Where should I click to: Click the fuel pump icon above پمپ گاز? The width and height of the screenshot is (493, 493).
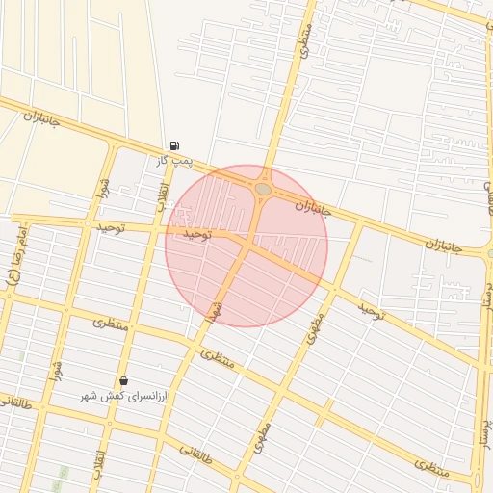tap(173, 145)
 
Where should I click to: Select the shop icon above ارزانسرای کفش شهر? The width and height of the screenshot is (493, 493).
tap(123, 381)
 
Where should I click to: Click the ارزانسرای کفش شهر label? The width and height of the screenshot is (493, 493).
tap(122, 396)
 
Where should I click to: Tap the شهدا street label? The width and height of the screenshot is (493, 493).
tap(214, 311)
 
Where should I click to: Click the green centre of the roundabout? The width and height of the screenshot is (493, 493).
tap(263, 190)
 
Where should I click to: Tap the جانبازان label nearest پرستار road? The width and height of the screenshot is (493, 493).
tap(443, 246)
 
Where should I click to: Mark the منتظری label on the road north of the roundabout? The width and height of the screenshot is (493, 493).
tap(304, 39)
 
